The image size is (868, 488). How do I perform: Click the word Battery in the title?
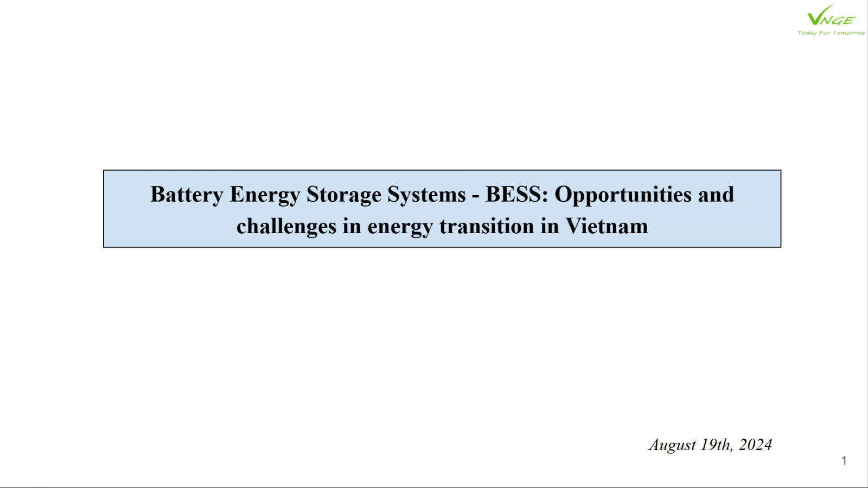(187, 195)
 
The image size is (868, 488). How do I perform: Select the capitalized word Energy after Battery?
(265, 195)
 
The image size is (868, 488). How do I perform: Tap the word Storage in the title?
(344, 195)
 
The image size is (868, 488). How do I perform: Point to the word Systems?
(426, 195)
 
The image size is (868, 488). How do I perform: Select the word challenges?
(286, 227)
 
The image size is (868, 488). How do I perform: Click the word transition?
(487, 226)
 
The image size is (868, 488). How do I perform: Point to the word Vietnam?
(607, 226)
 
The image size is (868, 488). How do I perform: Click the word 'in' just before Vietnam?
(550, 226)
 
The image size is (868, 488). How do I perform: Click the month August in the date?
(672, 445)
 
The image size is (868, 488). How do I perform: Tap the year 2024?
(755, 445)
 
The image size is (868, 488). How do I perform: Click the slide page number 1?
(844, 460)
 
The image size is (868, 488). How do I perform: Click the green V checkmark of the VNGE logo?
(816, 16)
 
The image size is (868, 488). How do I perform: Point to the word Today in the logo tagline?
(807, 33)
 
